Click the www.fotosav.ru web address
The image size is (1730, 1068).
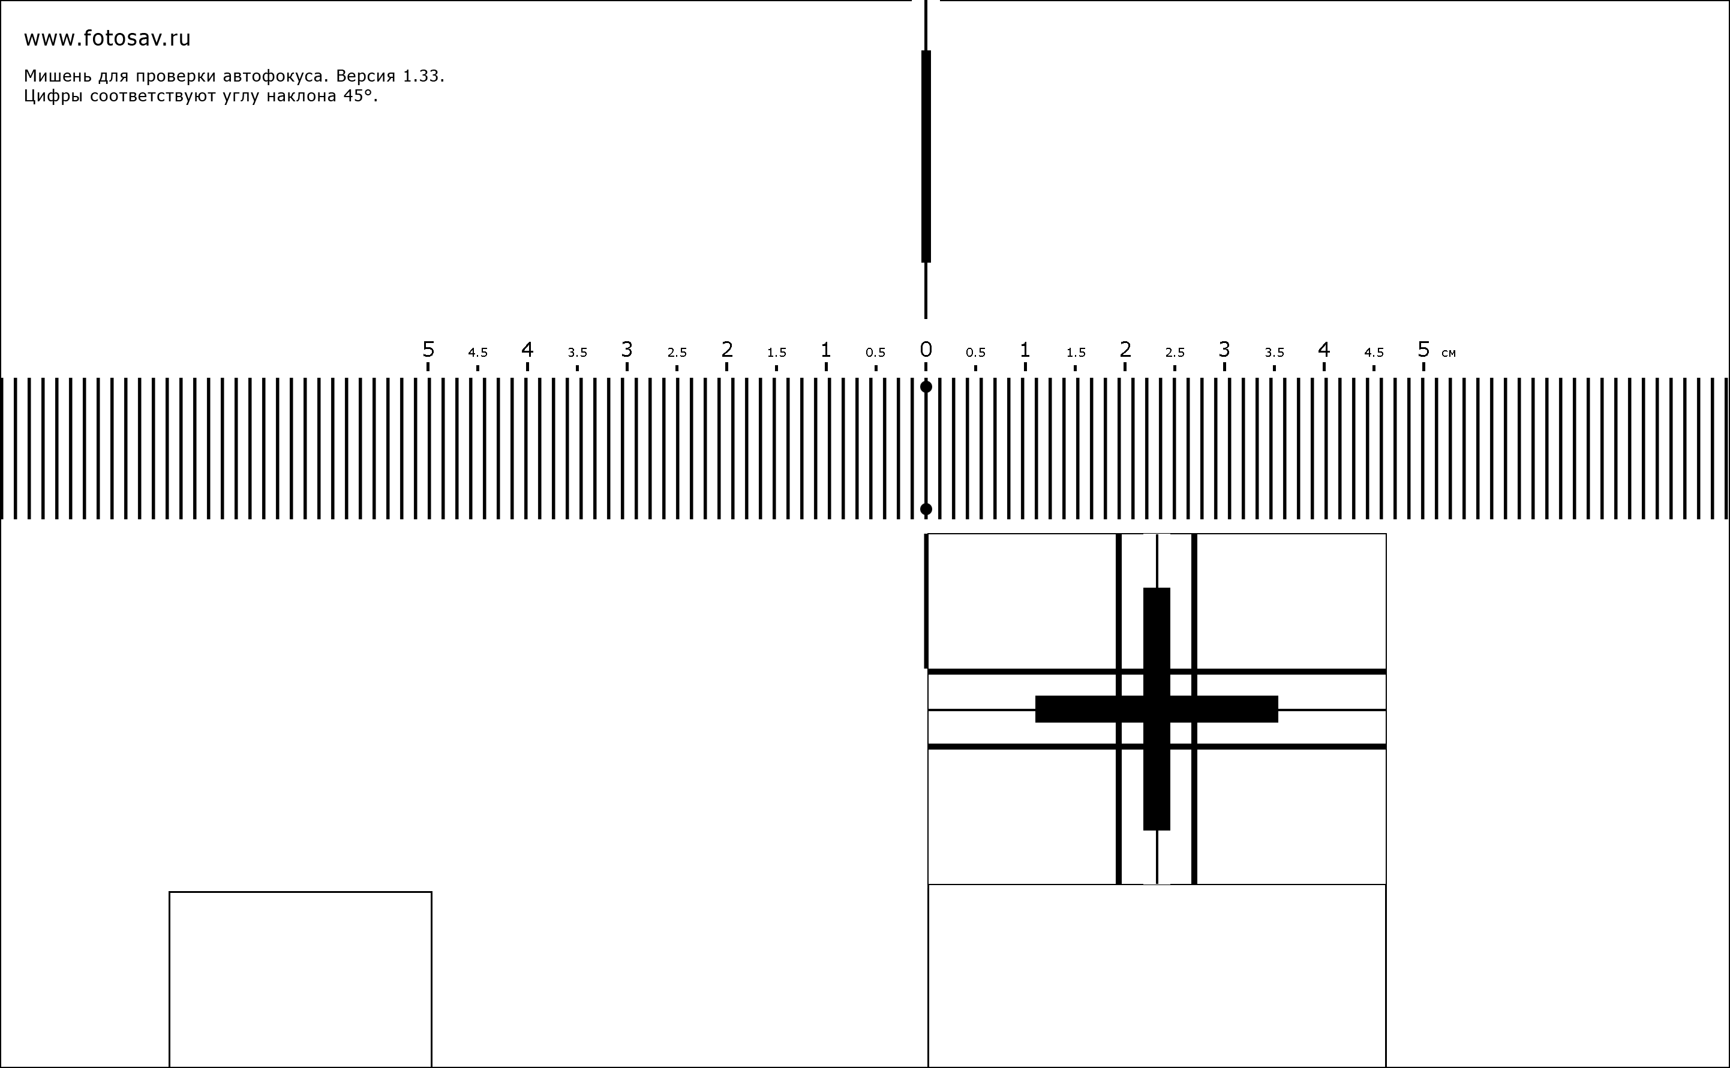pos(107,39)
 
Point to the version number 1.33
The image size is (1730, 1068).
pos(423,76)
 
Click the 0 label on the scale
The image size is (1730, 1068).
pos(926,350)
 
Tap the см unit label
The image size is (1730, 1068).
pos(1448,353)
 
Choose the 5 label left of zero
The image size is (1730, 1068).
pos(428,350)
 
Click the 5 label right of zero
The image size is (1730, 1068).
pos(1423,350)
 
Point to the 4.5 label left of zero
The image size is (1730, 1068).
pos(477,353)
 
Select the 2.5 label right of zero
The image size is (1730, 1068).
pos(1175,353)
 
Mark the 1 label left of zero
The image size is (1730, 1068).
pos(826,350)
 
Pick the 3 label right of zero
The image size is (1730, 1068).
pos(1224,350)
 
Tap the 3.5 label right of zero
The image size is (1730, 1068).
pos(1274,353)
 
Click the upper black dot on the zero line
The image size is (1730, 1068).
pos(926,387)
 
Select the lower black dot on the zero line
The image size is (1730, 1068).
pos(926,509)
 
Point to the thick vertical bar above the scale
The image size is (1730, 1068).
pos(926,156)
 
